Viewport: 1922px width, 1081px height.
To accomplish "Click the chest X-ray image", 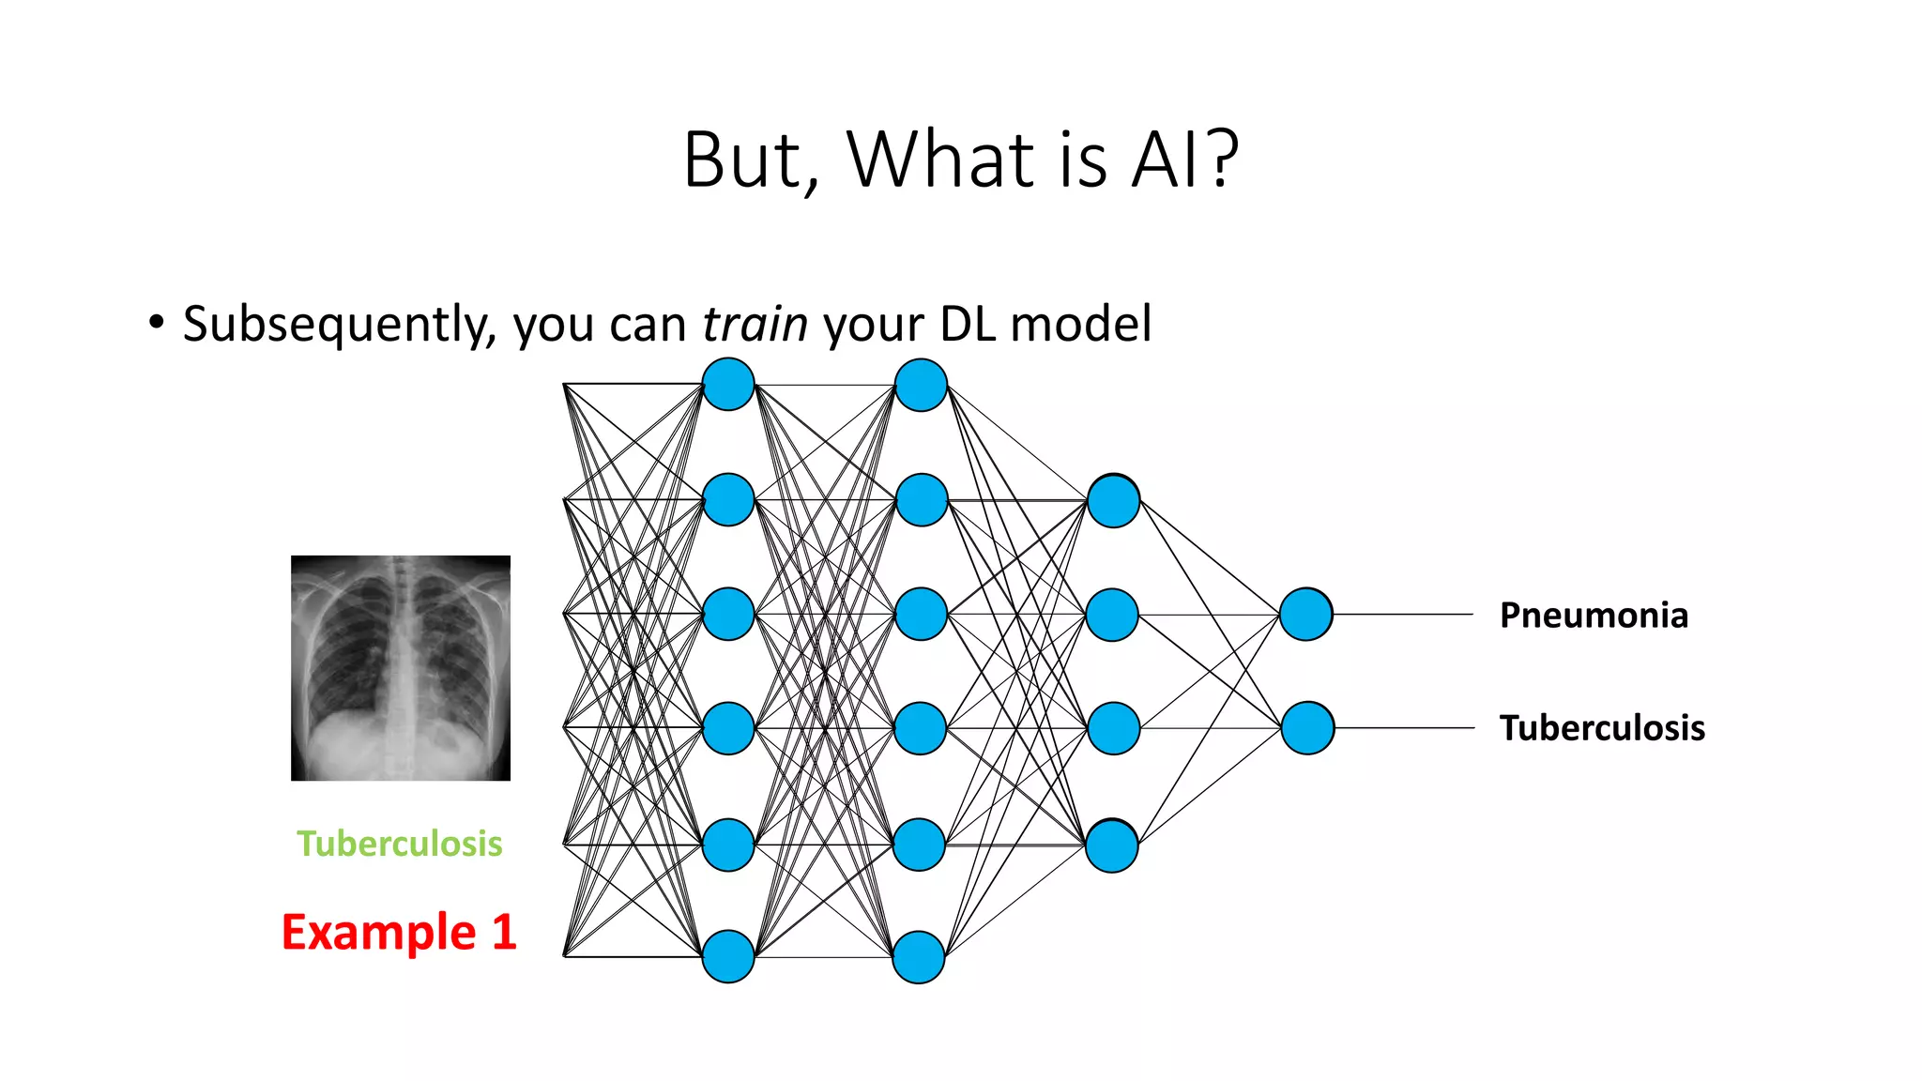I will click(x=401, y=667).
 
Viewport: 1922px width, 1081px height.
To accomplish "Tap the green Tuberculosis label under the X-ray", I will click(x=400, y=844).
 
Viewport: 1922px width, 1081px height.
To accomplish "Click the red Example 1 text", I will click(x=399, y=932).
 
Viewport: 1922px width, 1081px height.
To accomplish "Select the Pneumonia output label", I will click(x=1594, y=616).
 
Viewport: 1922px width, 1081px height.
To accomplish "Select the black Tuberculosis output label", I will click(x=1602, y=728).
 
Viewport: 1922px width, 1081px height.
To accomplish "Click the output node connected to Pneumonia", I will click(x=1305, y=615).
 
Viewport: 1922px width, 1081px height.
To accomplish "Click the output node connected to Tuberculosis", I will click(x=1307, y=728).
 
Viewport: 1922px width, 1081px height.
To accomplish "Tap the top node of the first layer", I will click(x=728, y=385).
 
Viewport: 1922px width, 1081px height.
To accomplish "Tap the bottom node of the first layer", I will click(x=728, y=956).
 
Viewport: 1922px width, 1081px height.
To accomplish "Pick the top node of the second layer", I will click(x=921, y=385).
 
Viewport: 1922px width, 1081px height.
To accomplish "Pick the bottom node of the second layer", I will click(x=919, y=957).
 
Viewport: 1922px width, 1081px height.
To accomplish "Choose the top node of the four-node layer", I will click(x=1113, y=501).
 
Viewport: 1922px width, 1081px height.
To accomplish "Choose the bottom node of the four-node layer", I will click(x=1112, y=846).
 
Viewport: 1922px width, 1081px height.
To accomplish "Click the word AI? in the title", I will click(x=1185, y=160).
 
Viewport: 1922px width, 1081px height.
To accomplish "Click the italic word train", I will click(x=755, y=325).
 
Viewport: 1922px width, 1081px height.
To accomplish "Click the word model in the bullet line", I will click(x=1080, y=325).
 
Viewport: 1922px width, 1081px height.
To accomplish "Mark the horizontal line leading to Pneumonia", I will click(x=1403, y=615).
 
